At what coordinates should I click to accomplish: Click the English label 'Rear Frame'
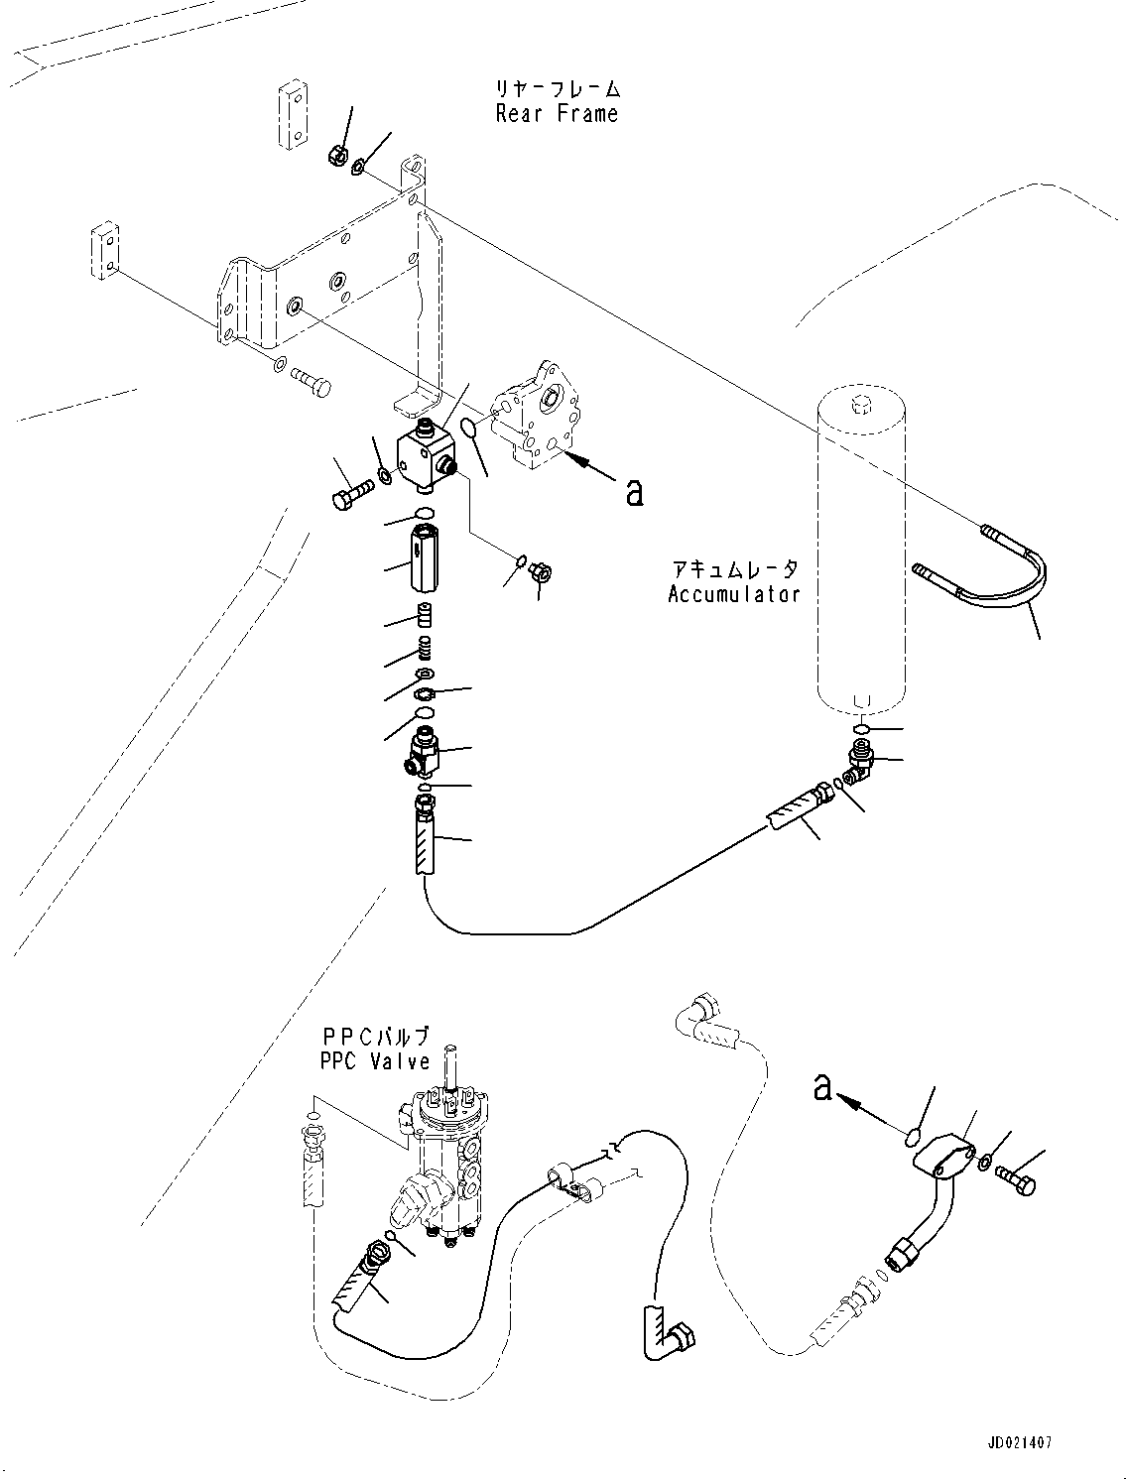click(x=557, y=113)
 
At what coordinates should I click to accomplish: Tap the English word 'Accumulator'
click(x=734, y=594)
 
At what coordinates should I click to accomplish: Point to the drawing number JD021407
click(x=1020, y=1438)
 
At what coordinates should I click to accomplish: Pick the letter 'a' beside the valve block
click(x=634, y=492)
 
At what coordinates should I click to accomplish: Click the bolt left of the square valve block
click(x=353, y=493)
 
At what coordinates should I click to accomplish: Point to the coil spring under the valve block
click(x=425, y=648)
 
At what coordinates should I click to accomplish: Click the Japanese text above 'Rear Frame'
click(x=558, y=88)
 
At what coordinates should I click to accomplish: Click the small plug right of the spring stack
click(x=541, y=573)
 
